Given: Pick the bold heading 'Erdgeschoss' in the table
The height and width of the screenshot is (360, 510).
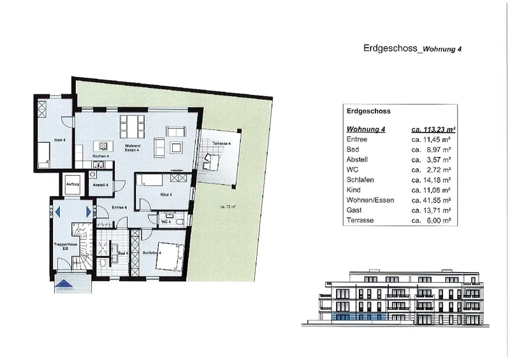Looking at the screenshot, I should pos(368,110).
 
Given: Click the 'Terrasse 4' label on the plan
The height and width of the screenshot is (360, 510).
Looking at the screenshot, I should pos(222,144).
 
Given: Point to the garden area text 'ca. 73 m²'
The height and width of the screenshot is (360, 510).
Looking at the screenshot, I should pos(228,207).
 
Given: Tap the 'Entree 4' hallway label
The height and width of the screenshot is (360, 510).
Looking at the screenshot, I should pos(120,208).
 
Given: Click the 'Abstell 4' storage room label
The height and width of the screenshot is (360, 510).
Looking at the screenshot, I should pos(100,185).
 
